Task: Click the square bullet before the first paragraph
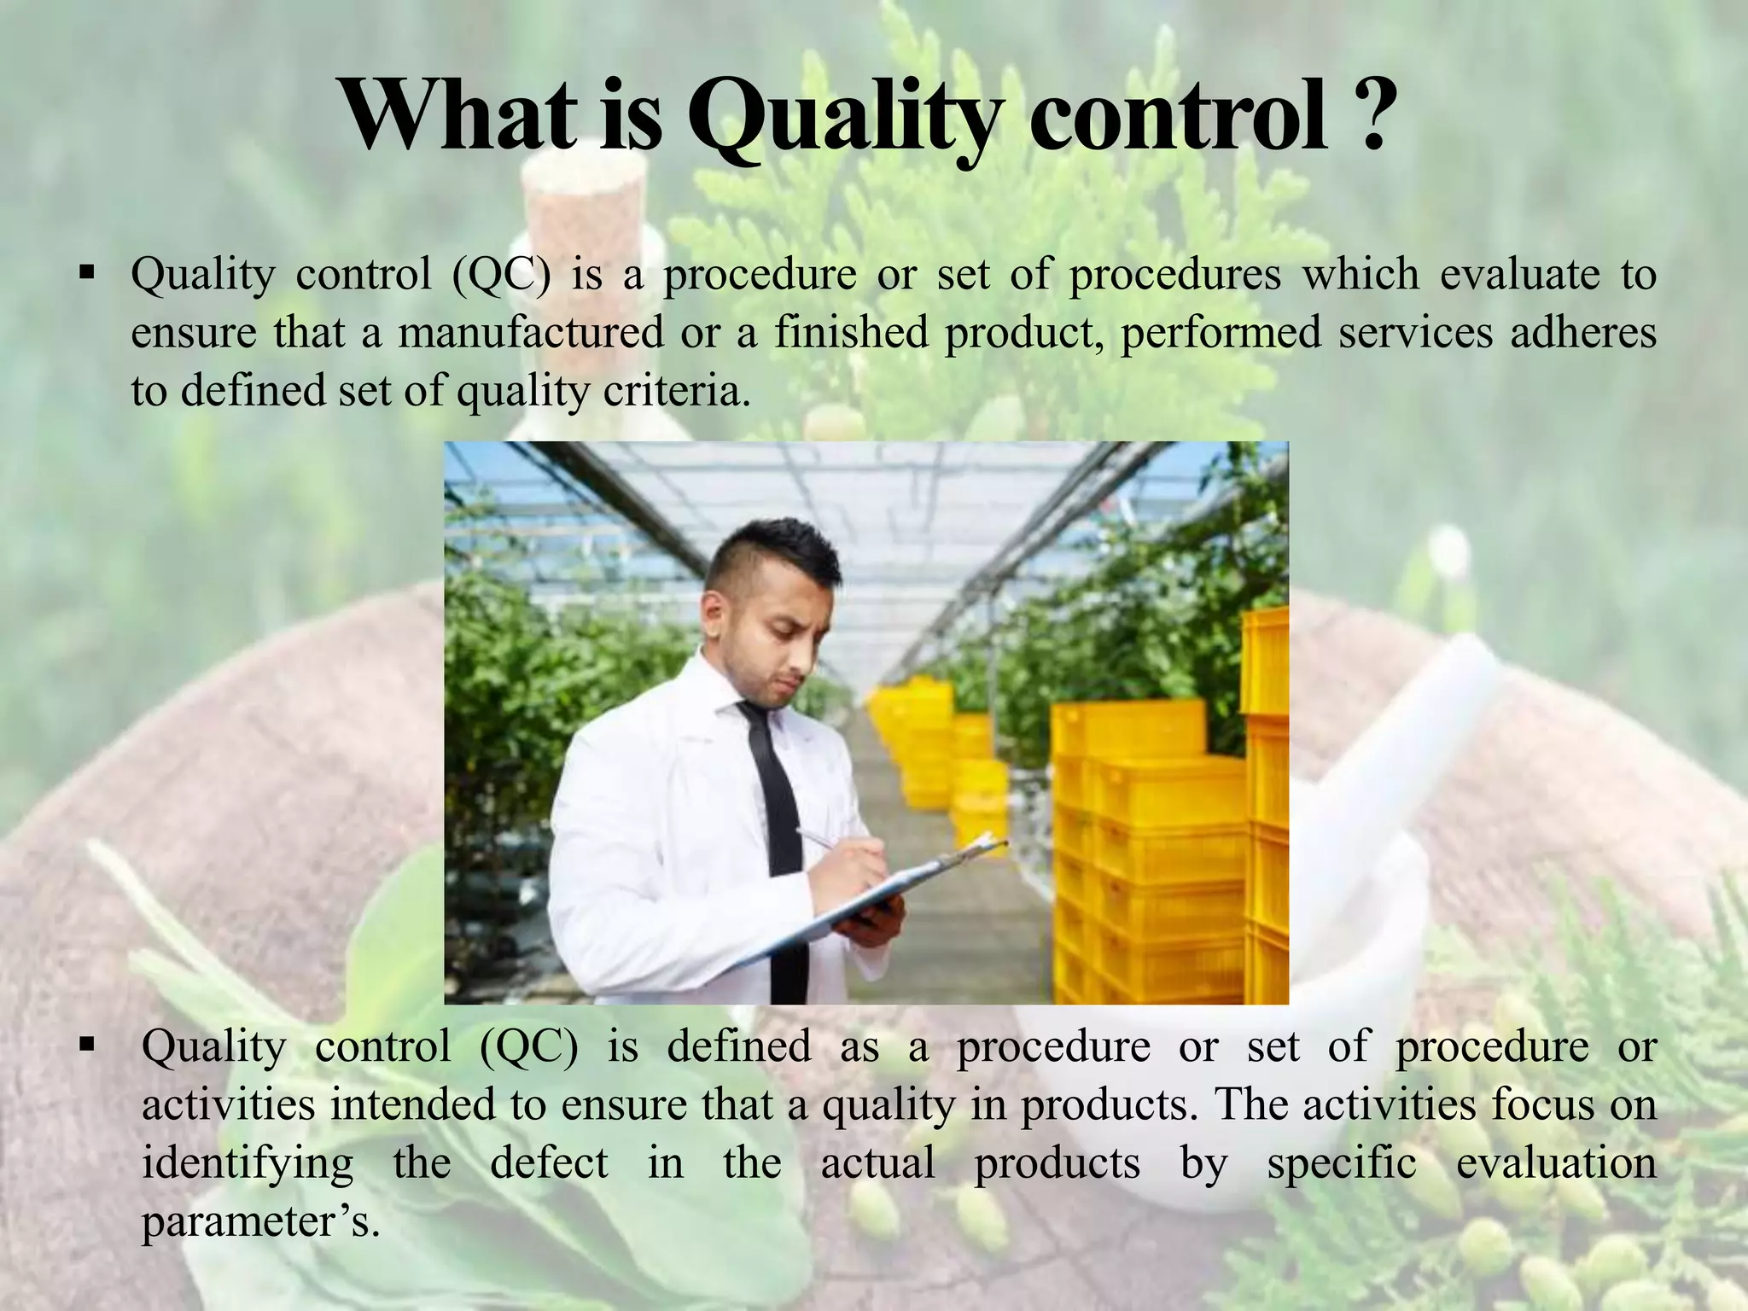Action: pyautogui.click(x=86, y=275)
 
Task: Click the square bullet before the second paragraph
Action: pyautogui.click(x=86, y=1045)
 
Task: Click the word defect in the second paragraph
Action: pyautogui.click(x=549, y=1163)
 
